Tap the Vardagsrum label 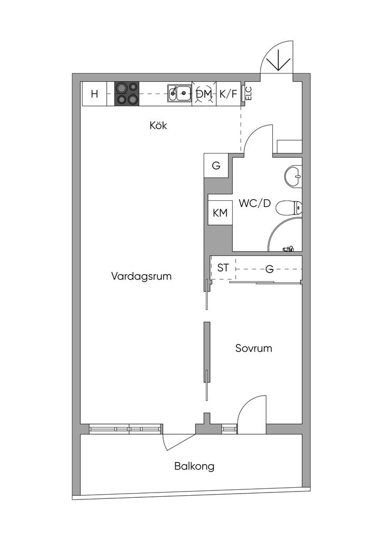pos(141,276)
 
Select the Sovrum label pos(254,348)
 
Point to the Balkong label pos(194,466)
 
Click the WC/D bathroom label pos(254,202)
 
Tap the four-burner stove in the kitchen pos(127,94)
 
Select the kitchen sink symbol pos(179,94)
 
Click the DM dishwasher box pos(204,94)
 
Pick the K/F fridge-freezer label pos(228,94)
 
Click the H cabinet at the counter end pos(94,94)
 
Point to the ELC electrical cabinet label pos(248,94)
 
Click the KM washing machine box pos(219,213)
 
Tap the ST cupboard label pos(223,268)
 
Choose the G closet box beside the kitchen pos(216,166)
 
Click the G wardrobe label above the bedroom pos(269,269)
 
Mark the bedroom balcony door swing pos(251,414)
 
